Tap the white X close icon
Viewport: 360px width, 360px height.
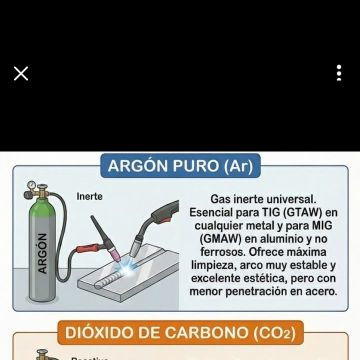pyautogui.click(x=21, y=73)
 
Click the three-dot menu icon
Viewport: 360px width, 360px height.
pyautogui.click(x=339, y=73)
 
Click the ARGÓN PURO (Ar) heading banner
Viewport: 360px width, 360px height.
pyautogui.click(x=180, y=166)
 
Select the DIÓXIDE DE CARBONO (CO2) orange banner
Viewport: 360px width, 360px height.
pyautogui.click(x=180, y=333)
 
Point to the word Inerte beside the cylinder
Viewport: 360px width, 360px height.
pyautogui.click(x=89, y=196)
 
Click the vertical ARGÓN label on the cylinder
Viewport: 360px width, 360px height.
pyautogui.click(x=42, y=253)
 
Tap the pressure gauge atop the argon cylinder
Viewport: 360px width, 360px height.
pyautogui.click(x=32, y=185)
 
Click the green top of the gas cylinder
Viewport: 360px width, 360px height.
pyautogui.click(x=42, y=208)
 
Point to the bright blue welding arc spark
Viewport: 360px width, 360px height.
pyautogui.click(x=127, y=267)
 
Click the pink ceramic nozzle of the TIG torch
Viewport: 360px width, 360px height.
pyautogui.click(x=116, y=255)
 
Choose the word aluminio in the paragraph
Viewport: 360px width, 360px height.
pyautogui.click(x=277, y=239)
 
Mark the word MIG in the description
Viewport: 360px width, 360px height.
pyautogui.click(x=322, y=226)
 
